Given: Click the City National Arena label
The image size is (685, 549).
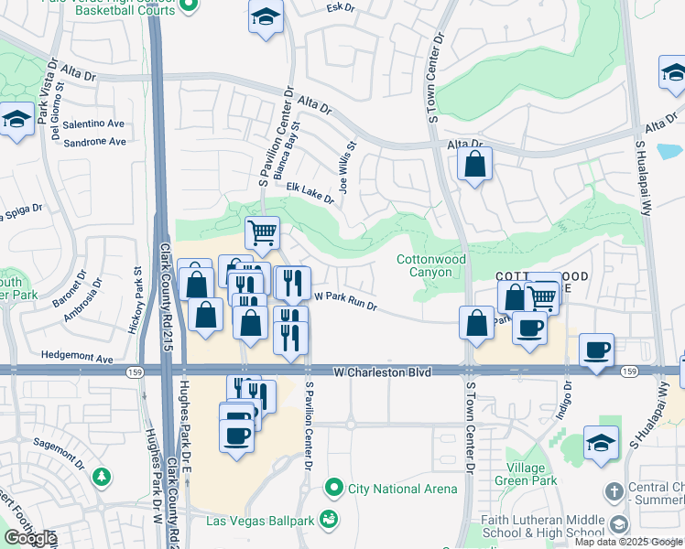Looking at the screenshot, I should tap(403, 489).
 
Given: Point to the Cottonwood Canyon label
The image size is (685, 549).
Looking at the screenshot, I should tap(430, 266).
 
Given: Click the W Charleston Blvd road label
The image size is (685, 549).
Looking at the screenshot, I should tap(382, 372).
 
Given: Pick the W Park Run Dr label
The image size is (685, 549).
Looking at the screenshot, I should tap(346, 300).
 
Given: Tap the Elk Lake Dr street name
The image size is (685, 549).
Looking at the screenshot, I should tap(310, 192).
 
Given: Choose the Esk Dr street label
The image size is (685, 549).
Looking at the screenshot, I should tap(339, 7).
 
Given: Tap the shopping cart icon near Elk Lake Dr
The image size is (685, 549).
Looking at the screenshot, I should tap(263, 232).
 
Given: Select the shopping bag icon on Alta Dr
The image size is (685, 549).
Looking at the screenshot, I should tap(474, 166).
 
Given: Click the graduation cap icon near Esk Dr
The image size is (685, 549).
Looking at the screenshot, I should tap(266, 17).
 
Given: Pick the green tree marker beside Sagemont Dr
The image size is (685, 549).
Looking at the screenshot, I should tap(100, 477).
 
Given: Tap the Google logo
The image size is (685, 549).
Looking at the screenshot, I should tap(30, 538).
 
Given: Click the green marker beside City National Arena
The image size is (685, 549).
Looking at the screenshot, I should tap(336, 488).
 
